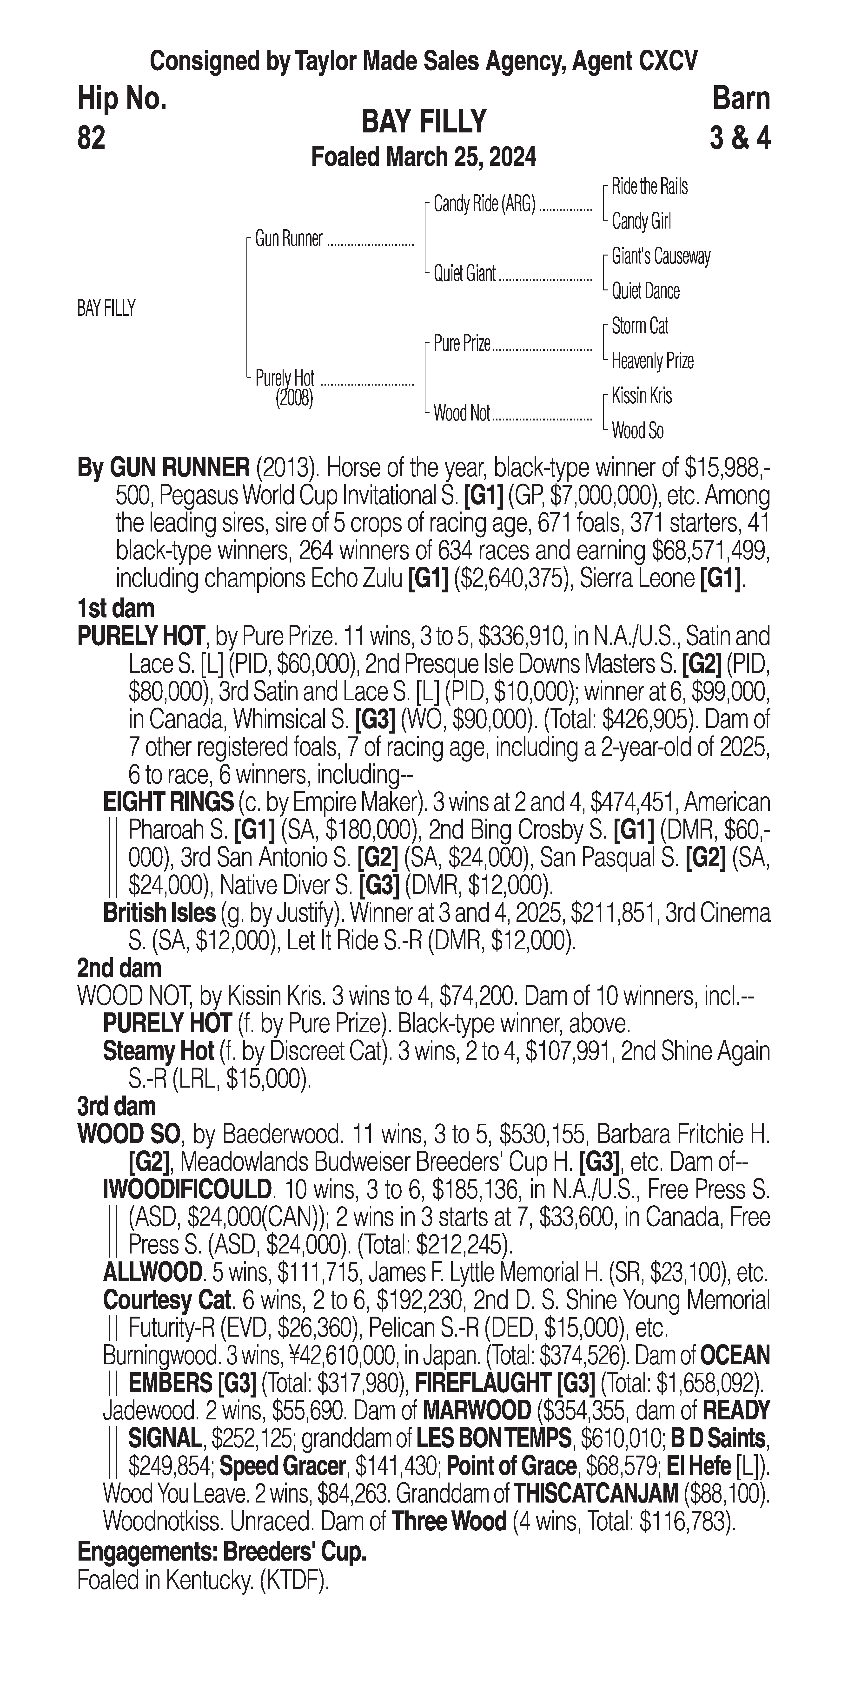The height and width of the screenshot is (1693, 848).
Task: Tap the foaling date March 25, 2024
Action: (423, 157)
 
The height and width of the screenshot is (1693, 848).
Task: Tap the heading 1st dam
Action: (116, 609)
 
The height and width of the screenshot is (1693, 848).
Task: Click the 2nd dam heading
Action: (119, 968)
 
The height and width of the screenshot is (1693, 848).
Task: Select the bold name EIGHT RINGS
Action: (168, 802)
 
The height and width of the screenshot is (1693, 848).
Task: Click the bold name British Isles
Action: (159, 913)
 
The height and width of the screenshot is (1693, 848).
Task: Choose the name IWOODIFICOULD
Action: (187, 1190)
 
